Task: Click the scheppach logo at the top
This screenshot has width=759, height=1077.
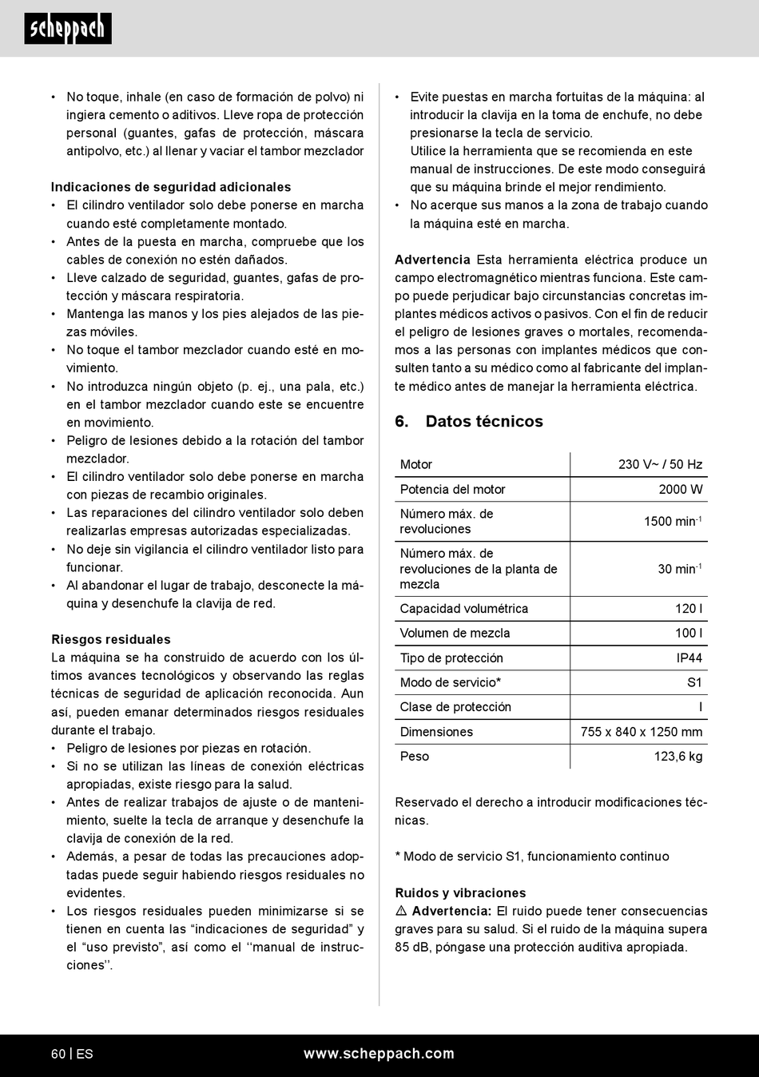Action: [x=67, y=29]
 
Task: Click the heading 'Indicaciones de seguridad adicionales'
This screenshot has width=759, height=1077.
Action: [x=171, y=187]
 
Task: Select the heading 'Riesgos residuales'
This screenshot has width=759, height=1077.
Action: [x=111, y=639]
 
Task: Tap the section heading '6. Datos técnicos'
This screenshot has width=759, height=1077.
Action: [x=469, y=421]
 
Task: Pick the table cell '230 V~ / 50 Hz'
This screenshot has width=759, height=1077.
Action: [x=660, y=464]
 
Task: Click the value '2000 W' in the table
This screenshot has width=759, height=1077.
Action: [x=681, y=489]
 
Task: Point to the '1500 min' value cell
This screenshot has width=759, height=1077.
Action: [x=672, y=521]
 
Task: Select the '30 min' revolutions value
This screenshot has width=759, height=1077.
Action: [x=679, y=569]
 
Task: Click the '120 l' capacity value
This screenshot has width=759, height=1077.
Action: [x=689, y=608]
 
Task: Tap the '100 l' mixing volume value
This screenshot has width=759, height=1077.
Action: [x=689, y=633]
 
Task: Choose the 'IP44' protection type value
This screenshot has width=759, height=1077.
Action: [x=689, y=658]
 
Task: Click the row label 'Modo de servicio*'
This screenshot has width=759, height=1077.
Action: [x=451, y=682]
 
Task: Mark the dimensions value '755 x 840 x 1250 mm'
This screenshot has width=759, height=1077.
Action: [x=642, y=732]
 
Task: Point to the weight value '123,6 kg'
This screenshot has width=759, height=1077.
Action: [x=678, y=756]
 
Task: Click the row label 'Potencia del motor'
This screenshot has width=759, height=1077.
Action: [x=452, y=489]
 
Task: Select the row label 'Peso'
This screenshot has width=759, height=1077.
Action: [x=415, y=756]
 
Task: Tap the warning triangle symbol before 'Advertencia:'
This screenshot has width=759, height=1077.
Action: [x=402, y=912]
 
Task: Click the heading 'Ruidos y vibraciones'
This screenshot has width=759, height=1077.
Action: [x=460, y=893]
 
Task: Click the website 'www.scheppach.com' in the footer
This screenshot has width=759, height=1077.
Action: [x=379, y=1054]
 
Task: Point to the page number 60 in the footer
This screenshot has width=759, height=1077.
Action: [x=58, y=1054]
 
